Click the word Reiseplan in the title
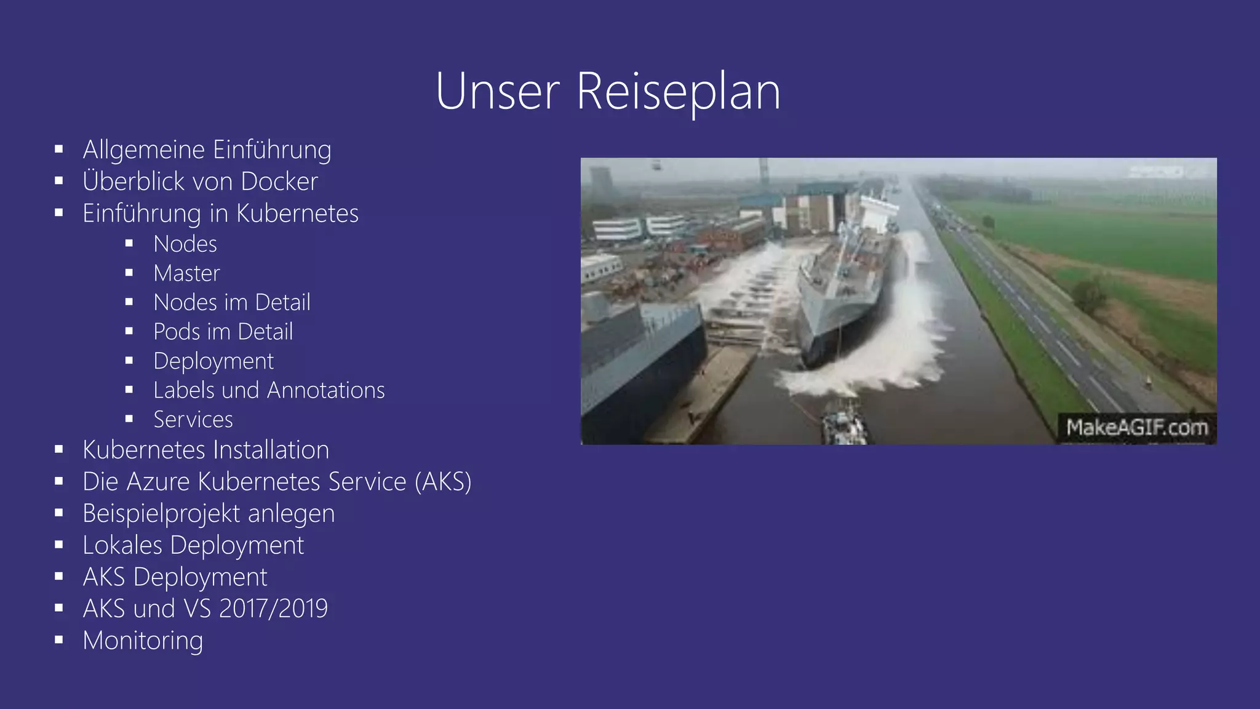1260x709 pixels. pos(678,92)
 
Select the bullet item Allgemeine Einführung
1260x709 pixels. pos(207,150)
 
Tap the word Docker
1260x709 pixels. pos(279,182)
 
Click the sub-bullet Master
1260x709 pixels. pos(186,273)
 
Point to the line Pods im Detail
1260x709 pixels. pos(223,332)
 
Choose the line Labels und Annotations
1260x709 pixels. pos(269,390)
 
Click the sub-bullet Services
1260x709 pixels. pos(193,420)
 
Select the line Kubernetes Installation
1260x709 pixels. pos(205,450)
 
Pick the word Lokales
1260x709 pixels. pos(122,545)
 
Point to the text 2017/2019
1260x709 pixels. pos(273,609)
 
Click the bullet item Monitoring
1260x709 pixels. pos(143,641)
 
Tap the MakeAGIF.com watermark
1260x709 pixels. pos(1136,427)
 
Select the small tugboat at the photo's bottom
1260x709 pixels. pos(844,422)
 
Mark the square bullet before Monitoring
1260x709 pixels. pos(59,640)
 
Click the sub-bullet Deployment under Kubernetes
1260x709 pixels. pos(213,361)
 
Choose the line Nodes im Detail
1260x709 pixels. pos(232,303)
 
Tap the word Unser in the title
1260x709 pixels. pos(497,92)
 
